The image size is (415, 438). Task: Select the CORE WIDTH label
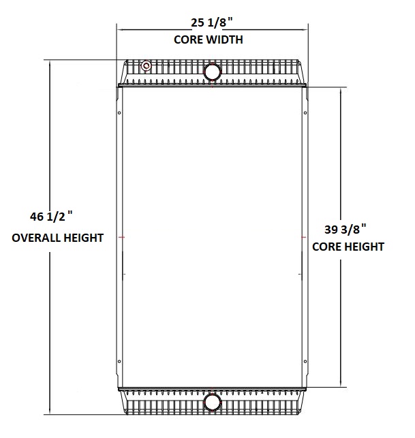pyautogui.click(x=209, y=40)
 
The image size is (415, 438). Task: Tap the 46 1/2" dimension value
pyautogui.click(x=51, y=217)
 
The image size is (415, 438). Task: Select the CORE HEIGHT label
pyautogui.click(x=348, y=247)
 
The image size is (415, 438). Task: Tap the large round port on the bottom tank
pyautogui.click(x=213, y=402)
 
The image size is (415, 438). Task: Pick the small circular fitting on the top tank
pyautogui.click(x=147, y=66)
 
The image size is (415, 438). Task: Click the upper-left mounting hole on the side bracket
pyautogui.click(x=120, y=113)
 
